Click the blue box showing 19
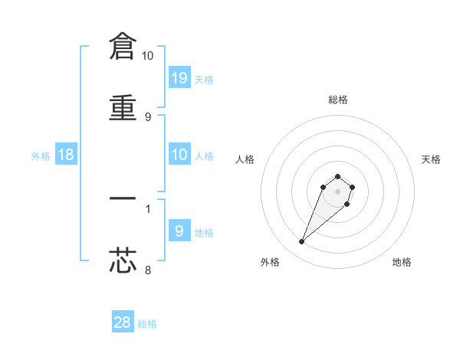(x=179, y=77)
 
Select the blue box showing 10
(x=179, y=155)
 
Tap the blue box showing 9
(x=179, y=231)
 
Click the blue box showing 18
(x=67, y=155)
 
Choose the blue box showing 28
(x=123, y=322)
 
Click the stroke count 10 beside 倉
(x=148, y=56)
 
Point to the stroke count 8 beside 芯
(x=148, y=269)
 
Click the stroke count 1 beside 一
(x=148, y=208)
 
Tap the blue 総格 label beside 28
(x=147, y=324)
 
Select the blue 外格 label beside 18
(x=41, y=156)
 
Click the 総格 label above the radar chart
(x=338, y=100)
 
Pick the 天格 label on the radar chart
(x=432, y=159)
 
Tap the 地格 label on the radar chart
(x=402, y=262)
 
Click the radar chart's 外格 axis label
(x=270, y=262)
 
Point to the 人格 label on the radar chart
(x=245, y=159)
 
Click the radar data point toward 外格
(x=302, y=242)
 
